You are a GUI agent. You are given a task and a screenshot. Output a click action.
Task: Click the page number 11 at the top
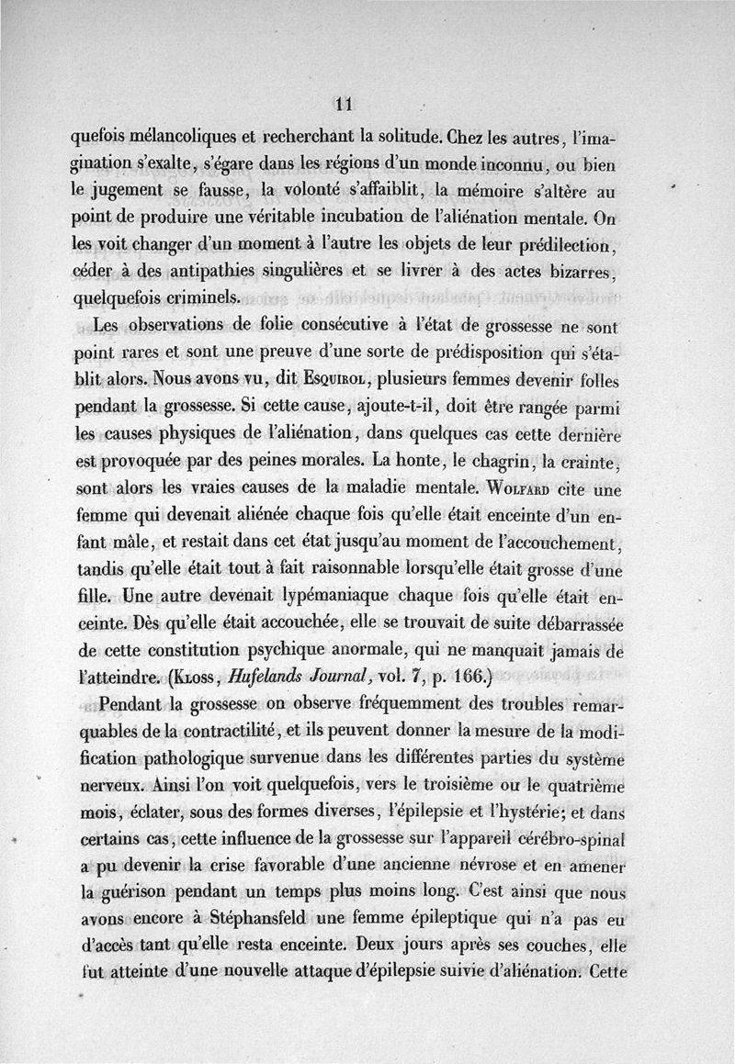tap(345, 104)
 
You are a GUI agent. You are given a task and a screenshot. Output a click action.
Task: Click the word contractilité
tap(243, 731)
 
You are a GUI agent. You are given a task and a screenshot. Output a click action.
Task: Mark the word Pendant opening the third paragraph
tap(128, 705)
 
